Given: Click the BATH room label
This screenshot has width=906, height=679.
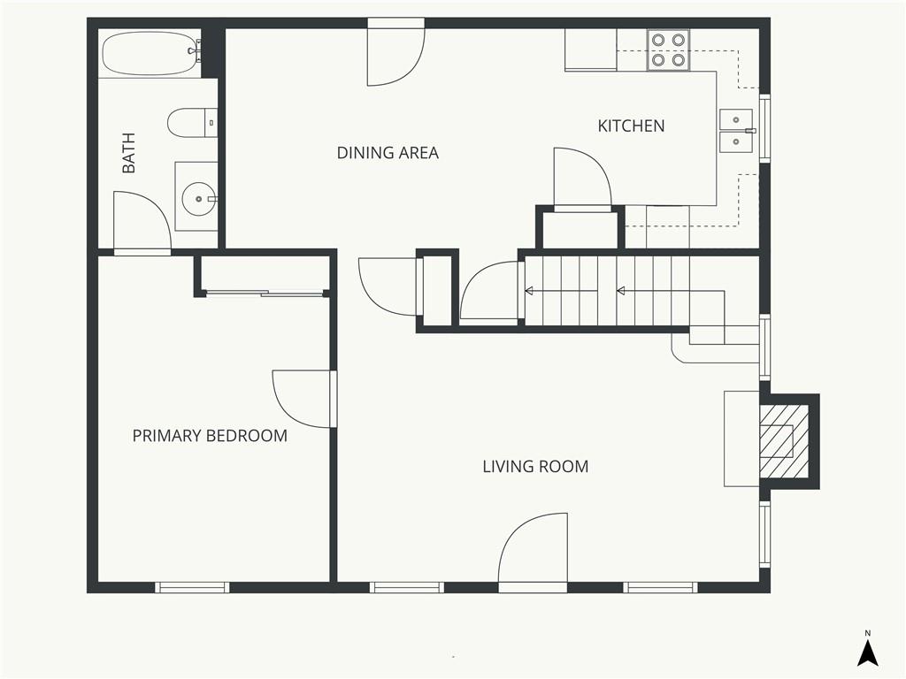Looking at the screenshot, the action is tap(128, 152).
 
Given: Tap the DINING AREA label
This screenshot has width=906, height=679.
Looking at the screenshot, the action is tap(388, 153).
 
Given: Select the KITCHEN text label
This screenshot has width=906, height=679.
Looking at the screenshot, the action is tap(631, 126).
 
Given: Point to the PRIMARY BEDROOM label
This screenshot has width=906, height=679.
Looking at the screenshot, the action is tap(210, 435).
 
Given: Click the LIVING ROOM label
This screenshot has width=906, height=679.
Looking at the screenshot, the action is tap(535, 467).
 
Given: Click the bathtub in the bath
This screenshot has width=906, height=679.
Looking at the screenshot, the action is tap(150, 53).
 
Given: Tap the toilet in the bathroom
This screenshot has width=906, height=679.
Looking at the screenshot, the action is tap(192, 122).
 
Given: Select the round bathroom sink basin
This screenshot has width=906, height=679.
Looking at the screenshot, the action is tap(198, 199).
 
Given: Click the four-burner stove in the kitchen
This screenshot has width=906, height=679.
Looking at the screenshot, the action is tap(669, 50).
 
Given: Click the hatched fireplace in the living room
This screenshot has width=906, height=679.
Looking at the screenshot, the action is tap(784, 441).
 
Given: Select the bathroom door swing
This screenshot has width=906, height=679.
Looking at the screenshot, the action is tap(142, 223).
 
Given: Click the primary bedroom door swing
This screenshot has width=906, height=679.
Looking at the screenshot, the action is tap(304, 399).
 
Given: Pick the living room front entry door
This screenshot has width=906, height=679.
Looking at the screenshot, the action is tap(533, 553).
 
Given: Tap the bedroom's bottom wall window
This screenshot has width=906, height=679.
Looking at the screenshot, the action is tap(192, 587).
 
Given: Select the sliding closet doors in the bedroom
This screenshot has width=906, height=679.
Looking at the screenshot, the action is tap(265, 294).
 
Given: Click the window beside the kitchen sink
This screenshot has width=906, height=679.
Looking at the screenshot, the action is tap(764, 128).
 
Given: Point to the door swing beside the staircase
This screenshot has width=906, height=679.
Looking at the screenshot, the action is tap(492, 290).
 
